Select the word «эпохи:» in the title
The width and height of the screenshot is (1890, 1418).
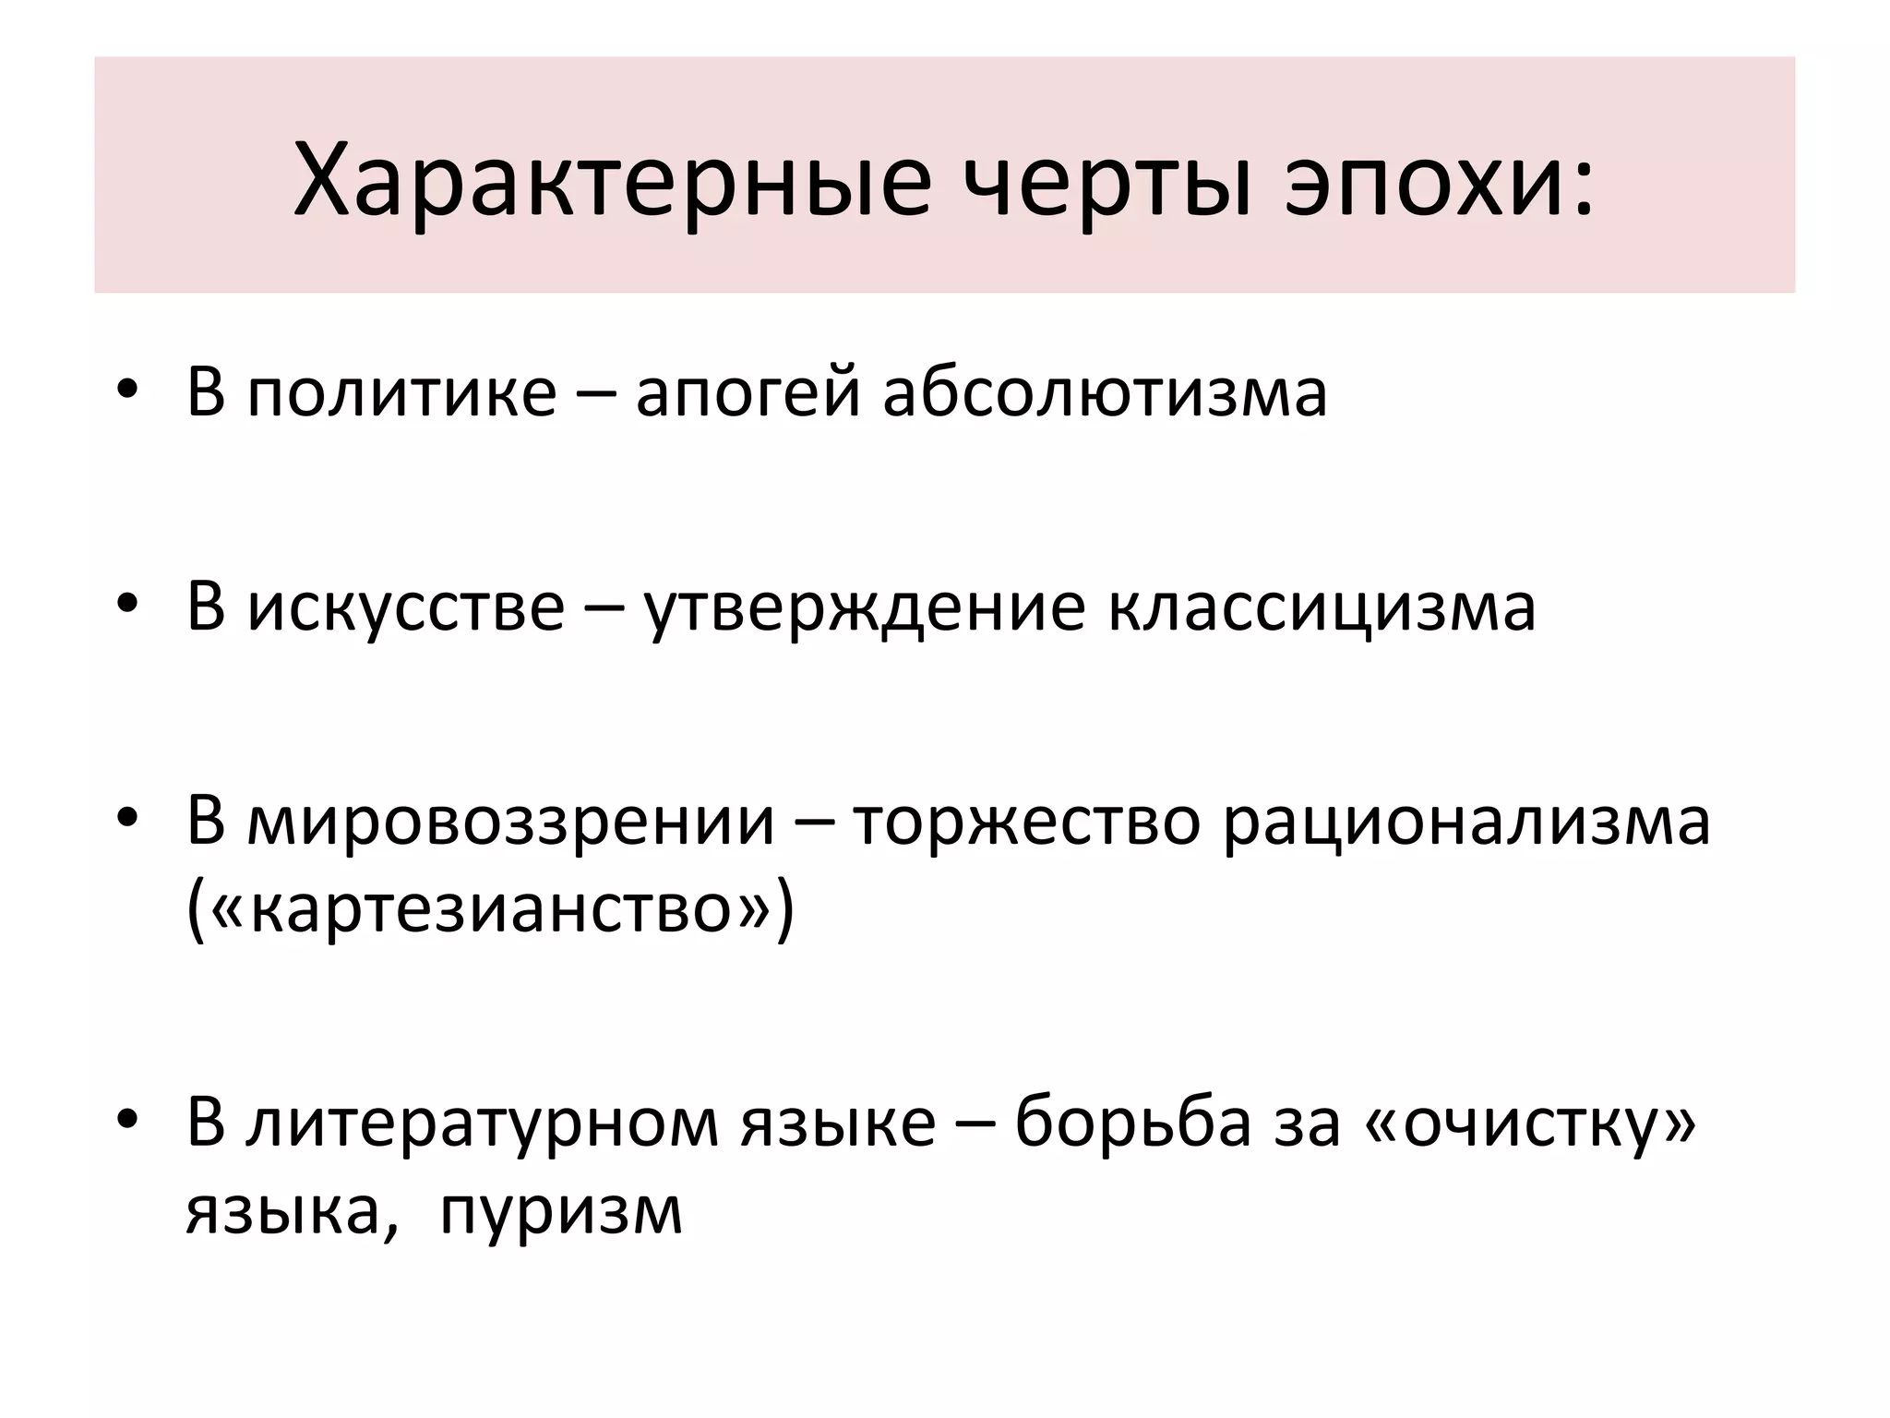pos(1440,183)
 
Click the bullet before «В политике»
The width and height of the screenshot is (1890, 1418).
pos(127,391)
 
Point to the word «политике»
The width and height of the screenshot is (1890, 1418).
pos(401,392)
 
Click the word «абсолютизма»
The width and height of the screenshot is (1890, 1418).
pos(1105,392)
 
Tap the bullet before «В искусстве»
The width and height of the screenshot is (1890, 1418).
pos(127,605)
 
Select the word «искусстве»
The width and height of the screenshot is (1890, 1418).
pos(405,607)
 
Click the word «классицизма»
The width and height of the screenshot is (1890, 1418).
pos(1322,607)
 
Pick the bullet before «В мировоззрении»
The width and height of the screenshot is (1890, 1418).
pos(127,818)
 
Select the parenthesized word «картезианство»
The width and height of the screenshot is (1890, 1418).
pos(490,909)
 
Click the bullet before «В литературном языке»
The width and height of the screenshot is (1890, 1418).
pos(127,1121)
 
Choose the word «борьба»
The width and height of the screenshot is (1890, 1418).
pos(1133,1123)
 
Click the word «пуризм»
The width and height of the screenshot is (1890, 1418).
pos(560,1212)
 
